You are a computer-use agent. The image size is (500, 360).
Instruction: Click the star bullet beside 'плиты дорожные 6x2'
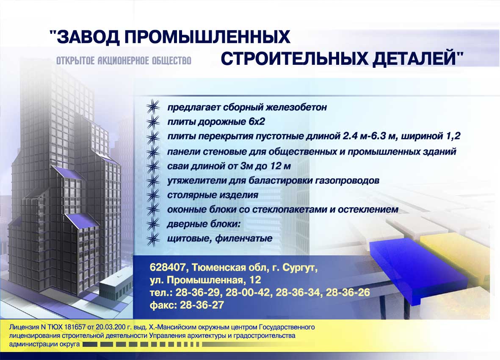[x=153, y=122]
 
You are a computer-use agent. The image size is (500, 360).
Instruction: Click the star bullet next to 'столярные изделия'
[x=153, y=195]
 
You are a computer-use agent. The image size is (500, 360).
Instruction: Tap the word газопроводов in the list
[x=347, y=181]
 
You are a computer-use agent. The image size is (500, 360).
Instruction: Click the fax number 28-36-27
[x=202, y=305]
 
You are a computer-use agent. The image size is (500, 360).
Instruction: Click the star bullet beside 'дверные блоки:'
[x=153, y=224]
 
